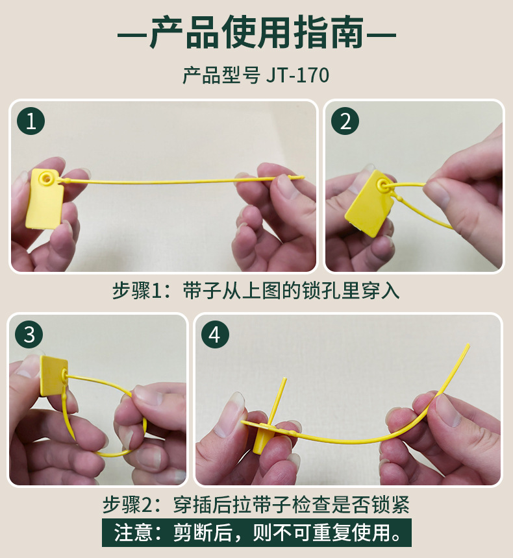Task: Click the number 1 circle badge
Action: click(x=31, y=121)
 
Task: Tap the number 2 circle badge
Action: click(x=345, y=121)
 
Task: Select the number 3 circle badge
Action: click(x=29, y=335)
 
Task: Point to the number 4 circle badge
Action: click(x=215, y=335)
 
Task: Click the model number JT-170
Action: click(x=297, y=76)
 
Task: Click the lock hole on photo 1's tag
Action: click(x=46, y=177)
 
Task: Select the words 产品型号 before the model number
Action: click(x=221, y=76)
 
